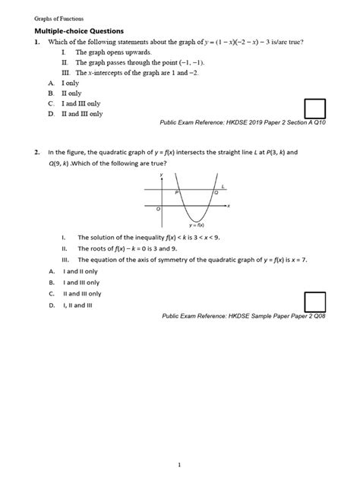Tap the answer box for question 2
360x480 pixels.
pyautogui.click(x=314, y=302)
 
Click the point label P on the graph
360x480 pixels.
pyautogui.click(x=177, y=194)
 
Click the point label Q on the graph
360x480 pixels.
pyautogui.click(x=216, y=194)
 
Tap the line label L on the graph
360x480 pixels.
pyautogui.click(x=223, y=185)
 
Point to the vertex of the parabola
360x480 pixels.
pyautogui.click(x=196, y=221)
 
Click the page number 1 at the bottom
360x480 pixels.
pyautogui.click(x=179, y=443)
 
